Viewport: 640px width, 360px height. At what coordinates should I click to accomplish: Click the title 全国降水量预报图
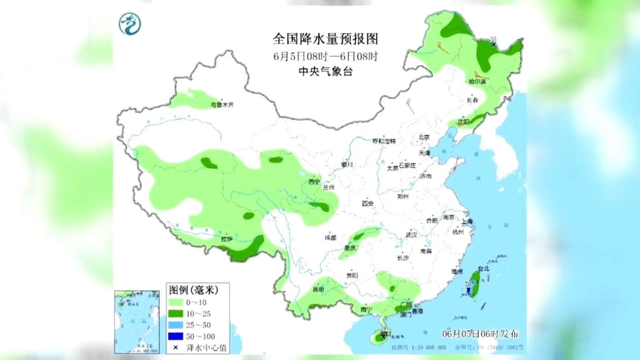click(x=326, y=39)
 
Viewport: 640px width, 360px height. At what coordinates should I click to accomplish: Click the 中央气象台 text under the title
click(x=326, y=72)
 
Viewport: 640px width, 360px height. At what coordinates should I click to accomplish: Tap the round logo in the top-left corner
click(x=130, y=23)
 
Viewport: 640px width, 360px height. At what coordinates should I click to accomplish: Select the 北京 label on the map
click(x=424, y=137)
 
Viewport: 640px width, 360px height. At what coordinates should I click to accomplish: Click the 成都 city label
click(x=331, y=238)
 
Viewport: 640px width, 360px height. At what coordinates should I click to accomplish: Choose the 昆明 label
click(x=318, y=289)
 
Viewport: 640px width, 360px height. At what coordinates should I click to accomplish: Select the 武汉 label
click(x=411, y=235)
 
